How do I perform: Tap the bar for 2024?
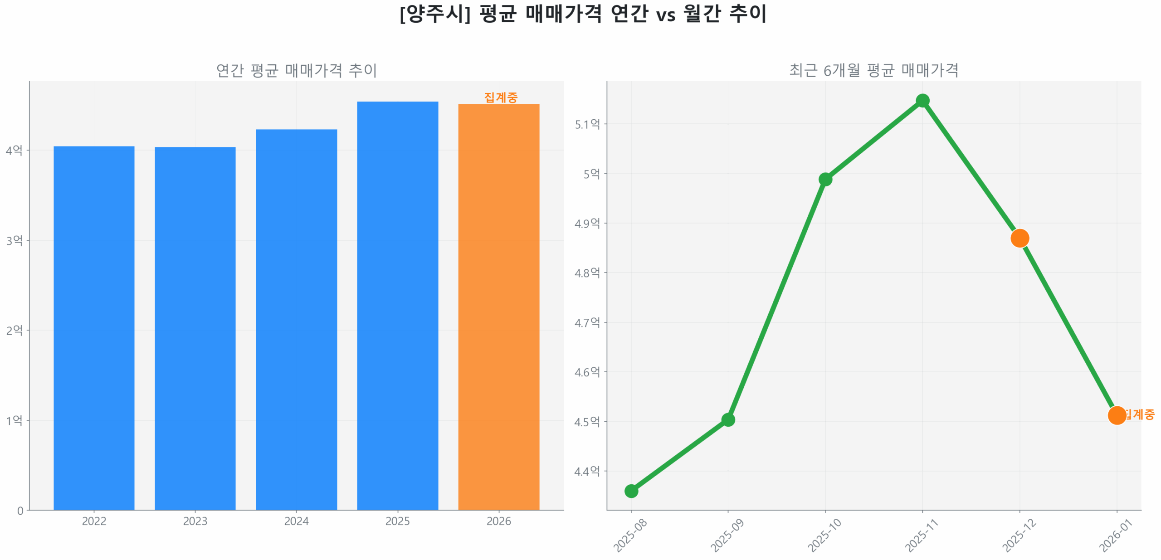click(296, 319)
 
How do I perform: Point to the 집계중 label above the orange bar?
click(501, 97)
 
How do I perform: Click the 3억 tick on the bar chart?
click(14, 240)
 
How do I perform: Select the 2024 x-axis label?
click(296, 521)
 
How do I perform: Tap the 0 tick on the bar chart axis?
click(20, 511)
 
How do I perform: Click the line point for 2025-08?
click(631, 491)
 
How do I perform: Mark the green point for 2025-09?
click(728, 420)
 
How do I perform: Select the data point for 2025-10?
click(825, 180)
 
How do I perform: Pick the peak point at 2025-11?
click(922, 101)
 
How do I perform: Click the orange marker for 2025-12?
click(1020, 238)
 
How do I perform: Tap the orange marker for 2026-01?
click(1117, 415)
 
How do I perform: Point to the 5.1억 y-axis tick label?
click(587, 124)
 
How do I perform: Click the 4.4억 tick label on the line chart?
click(587, 472)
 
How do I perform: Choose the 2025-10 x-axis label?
click(824, 535)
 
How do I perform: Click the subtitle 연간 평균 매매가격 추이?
click(296, 70)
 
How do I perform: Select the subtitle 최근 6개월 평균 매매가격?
click(873, 70)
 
